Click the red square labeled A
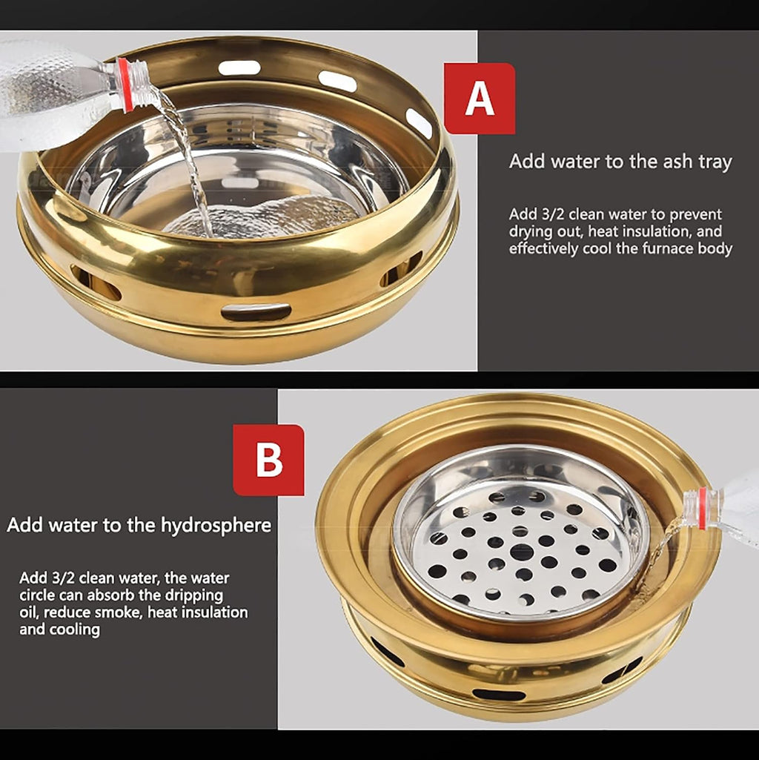point(480,98)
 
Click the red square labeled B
point(268,460)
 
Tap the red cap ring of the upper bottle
point(125,85)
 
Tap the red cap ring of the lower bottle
point(702,509)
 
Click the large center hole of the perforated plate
point(522,552)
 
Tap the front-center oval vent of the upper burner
point(256,311)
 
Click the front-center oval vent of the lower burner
point(499,694)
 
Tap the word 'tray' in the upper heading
point(715,162)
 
